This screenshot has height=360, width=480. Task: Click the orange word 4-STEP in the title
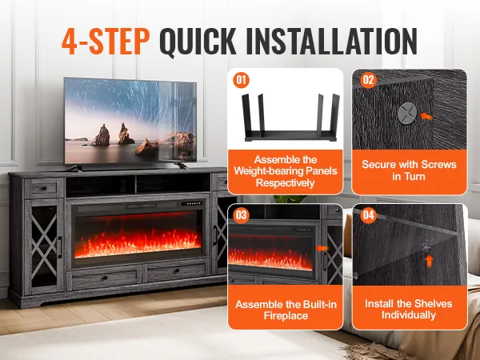[x=106, y=41]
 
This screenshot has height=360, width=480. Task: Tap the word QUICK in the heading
[x=198, y=42]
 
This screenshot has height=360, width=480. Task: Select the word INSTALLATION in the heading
[x=331, y=41]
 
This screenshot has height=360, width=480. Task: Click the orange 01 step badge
[x=241, y=80]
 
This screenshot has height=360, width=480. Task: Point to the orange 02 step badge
[x=368, y=80]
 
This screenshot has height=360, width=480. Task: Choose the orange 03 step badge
[x=241, y=215]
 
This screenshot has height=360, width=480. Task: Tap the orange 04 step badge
[x=368, y=215]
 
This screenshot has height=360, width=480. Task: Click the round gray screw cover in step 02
[x=407, y=114]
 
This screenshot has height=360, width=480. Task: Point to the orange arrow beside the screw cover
[x=426, y=116]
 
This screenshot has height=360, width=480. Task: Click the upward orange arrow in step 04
[x=429, y=261]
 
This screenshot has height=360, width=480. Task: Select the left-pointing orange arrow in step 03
[x=322, y=248]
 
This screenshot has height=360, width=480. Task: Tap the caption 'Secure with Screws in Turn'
[x=409, y=170]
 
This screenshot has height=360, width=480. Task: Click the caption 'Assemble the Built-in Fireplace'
[x=286, y=310]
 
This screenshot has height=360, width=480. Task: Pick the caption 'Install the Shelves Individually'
[x=409, y=309]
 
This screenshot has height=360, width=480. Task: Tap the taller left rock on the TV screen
[x=101, y=135]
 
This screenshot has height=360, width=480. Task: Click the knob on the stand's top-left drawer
[x=44, y=188]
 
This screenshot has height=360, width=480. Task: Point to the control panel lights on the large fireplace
[x=192, y=203]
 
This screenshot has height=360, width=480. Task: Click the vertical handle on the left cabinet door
[x=60, y=247]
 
